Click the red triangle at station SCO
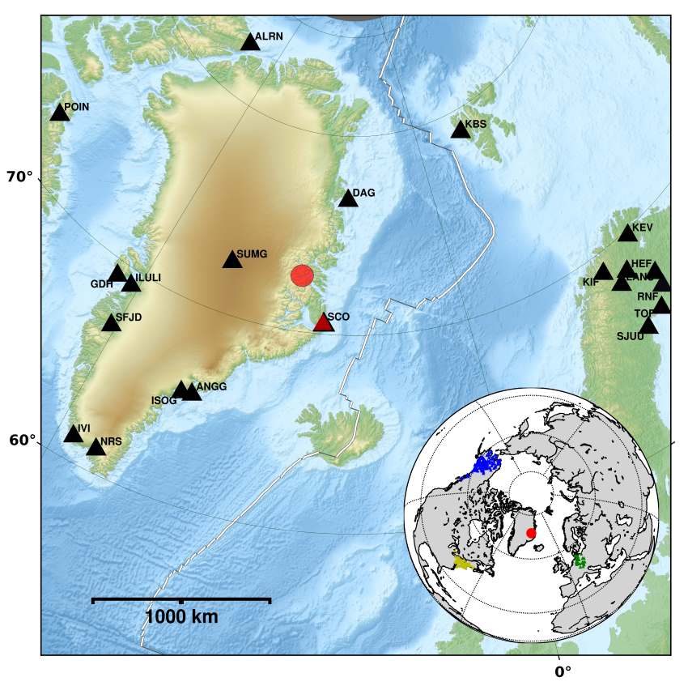tap(323, 322)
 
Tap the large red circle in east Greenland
tap(302, 276)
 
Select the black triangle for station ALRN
tap(250, 41)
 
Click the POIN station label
tap(76, 107)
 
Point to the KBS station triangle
tap(461, 130)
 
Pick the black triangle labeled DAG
tap(348, 198)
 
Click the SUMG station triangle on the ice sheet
tap(232, 259)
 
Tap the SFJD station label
tap(128, 317)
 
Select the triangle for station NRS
tap(96, 447)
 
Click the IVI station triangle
tap(74, 434)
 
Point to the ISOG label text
tap(164, 401)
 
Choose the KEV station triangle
tap(627, 233)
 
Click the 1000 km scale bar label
tap(181, 617)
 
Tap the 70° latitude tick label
tap(20, 177)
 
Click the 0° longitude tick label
tap(563, 671)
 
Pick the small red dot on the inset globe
tap(531, 533)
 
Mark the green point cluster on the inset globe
tap(580, 560)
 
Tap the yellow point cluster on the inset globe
tap(465, 564)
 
